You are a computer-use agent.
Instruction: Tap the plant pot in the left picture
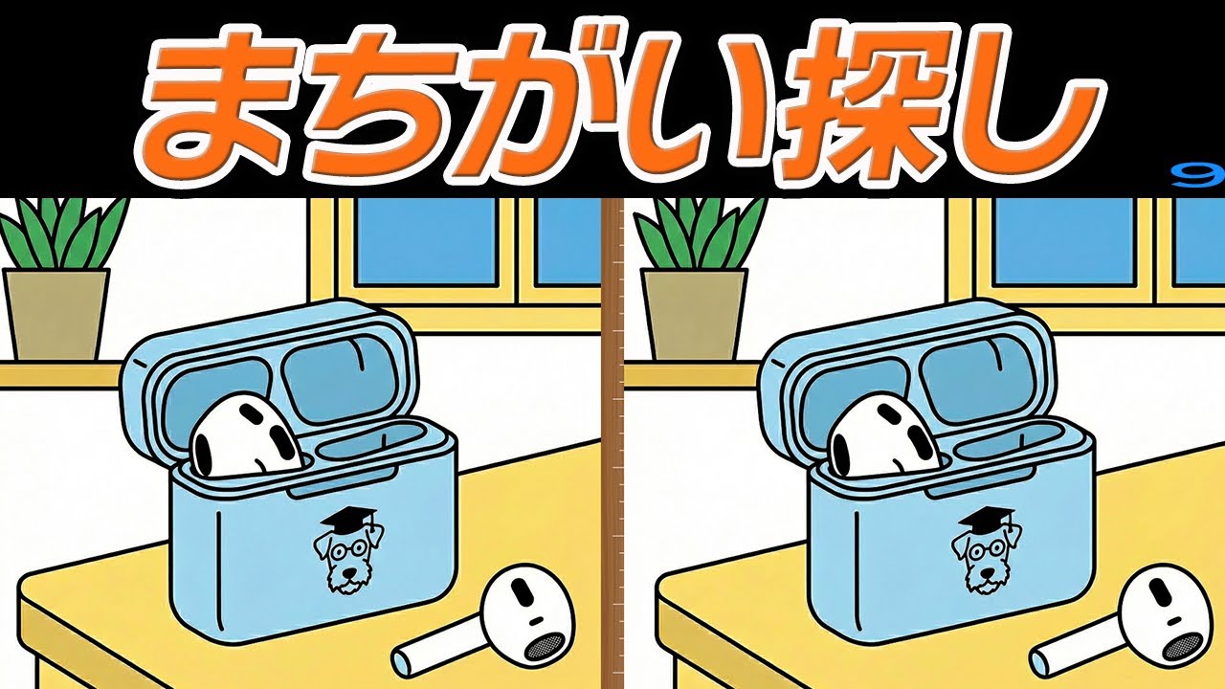pyautogui.click(x=56, y=312)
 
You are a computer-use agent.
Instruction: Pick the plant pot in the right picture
pyautogui.click(x=693, y=312)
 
